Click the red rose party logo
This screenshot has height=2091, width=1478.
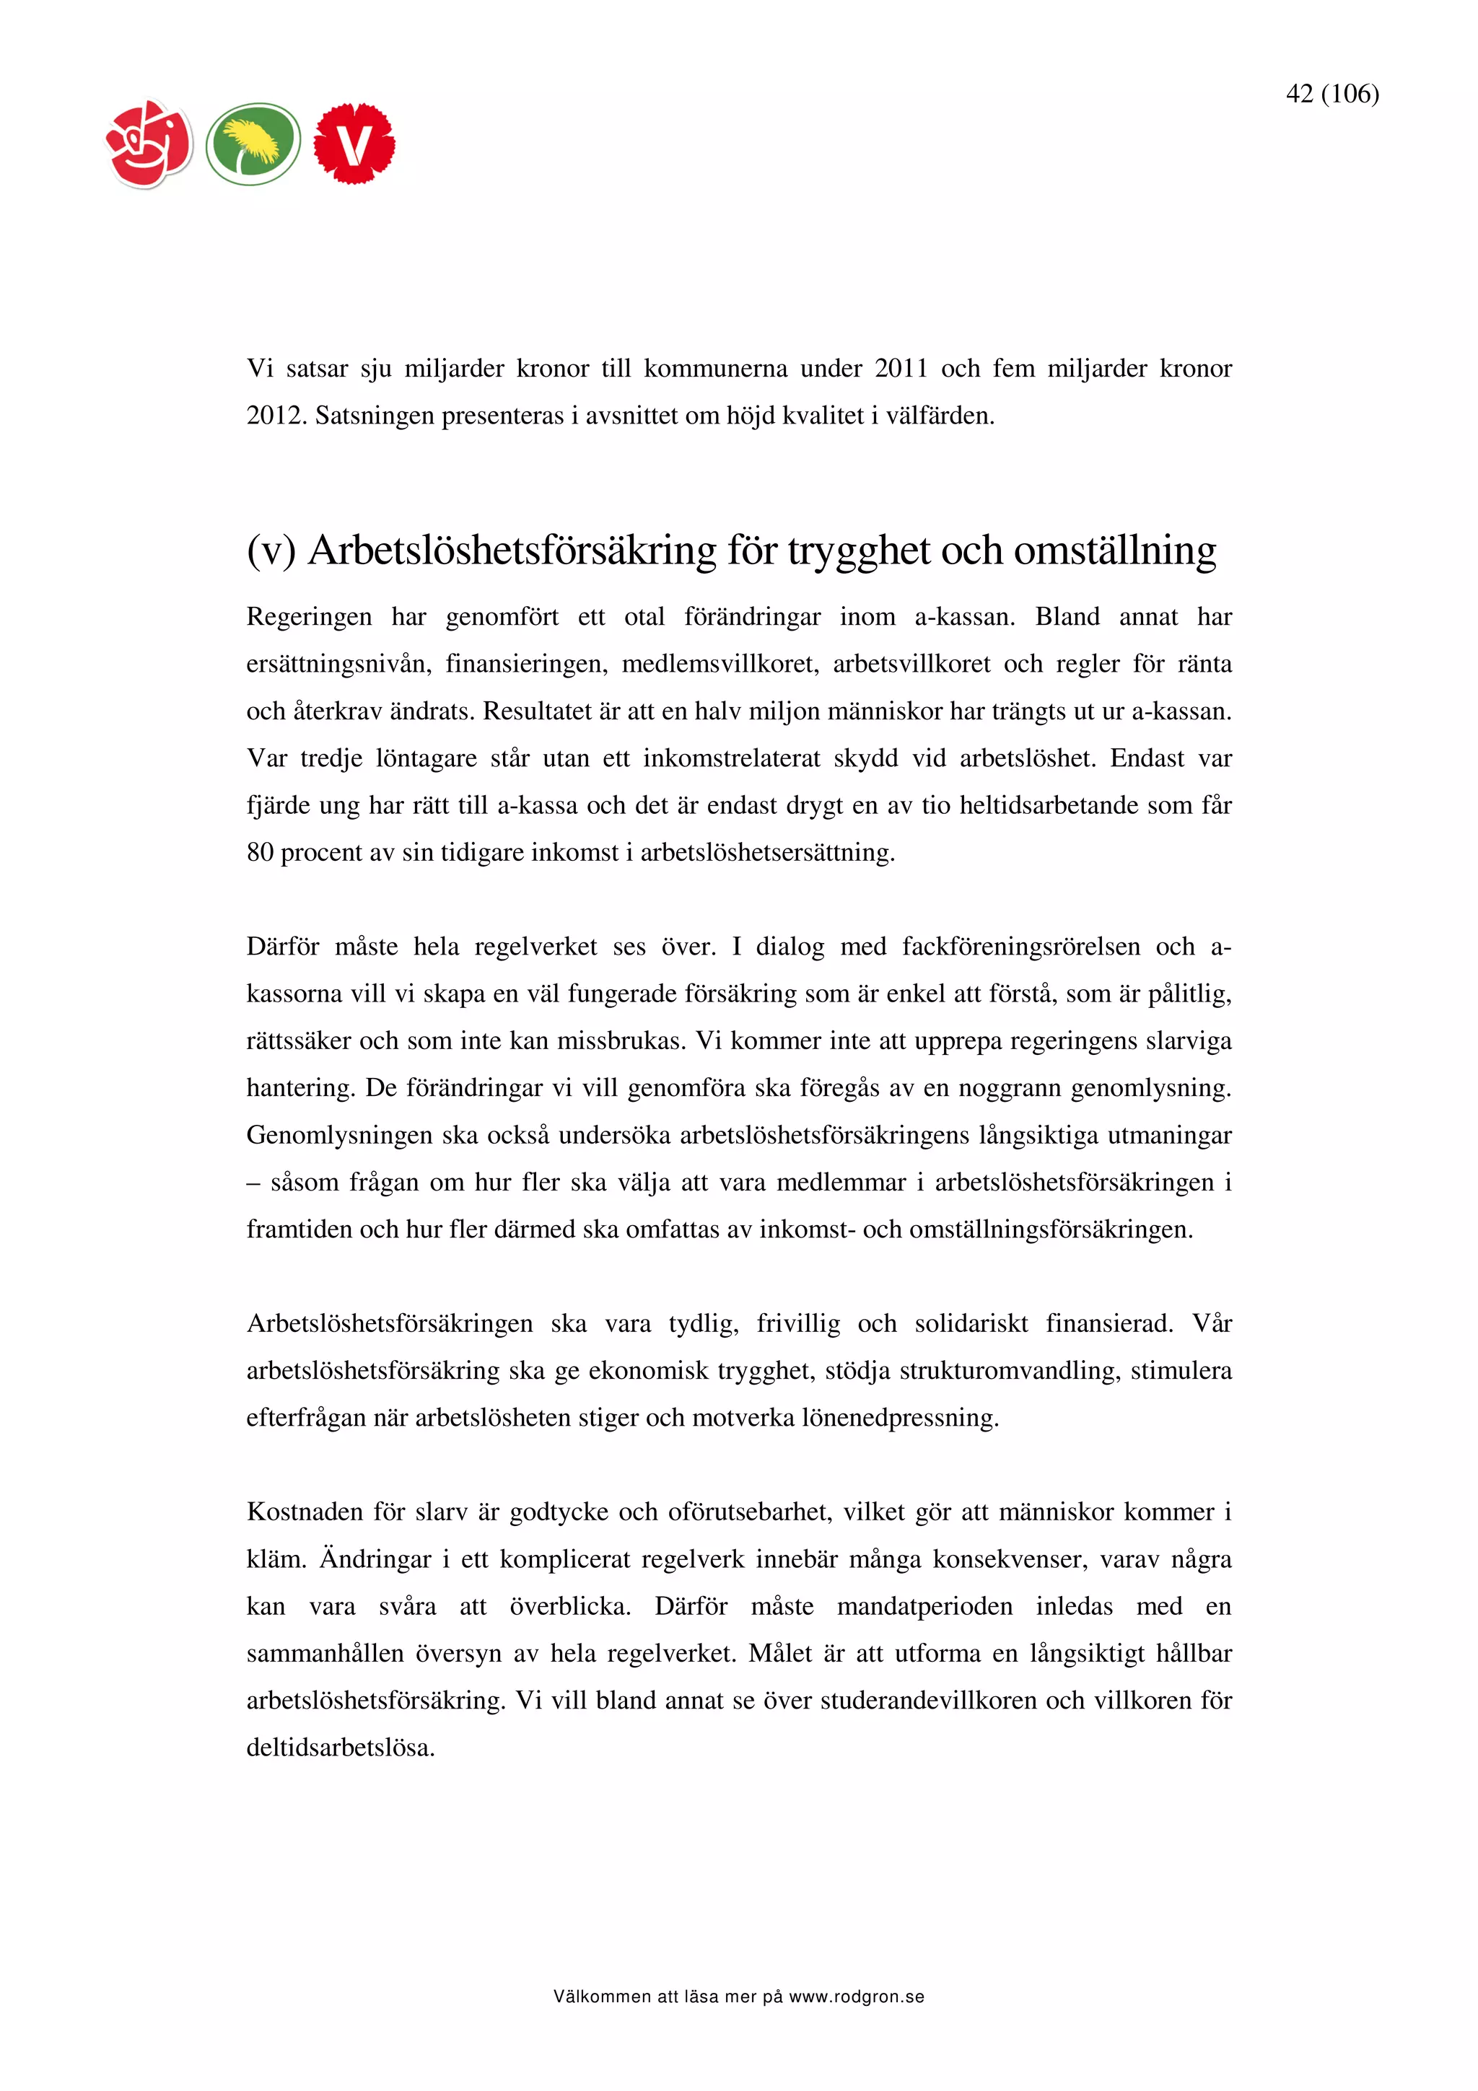[149, 144]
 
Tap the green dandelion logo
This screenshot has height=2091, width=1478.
[253, 144]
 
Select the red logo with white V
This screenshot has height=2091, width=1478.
[354, 144]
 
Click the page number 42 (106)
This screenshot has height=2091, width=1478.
[1331, 94]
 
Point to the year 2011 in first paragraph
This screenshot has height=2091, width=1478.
[901, 369]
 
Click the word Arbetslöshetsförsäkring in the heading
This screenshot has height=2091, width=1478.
[512, 551]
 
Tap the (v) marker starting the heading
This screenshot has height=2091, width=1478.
[271, 551]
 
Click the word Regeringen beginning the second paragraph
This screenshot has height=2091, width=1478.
[309, 618]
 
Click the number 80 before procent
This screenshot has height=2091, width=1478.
[260, 854]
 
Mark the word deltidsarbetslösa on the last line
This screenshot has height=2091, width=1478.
[341, 1748]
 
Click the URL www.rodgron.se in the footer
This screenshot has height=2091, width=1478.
[856, 1997]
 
